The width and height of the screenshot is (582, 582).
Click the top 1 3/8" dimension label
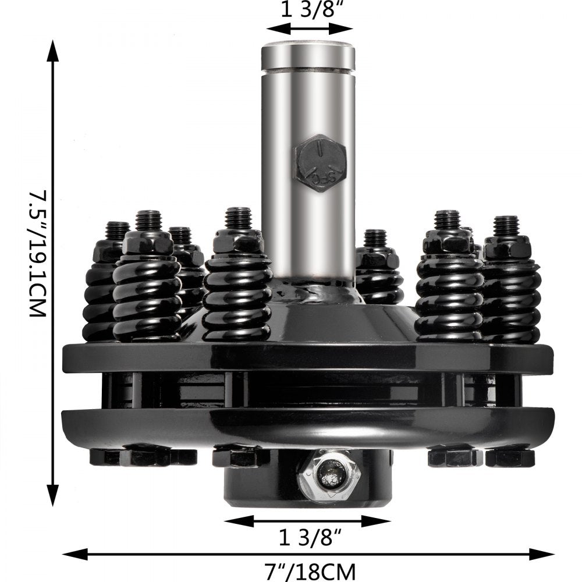(x=308, y=12)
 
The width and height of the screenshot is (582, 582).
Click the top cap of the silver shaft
(x=308, y=55)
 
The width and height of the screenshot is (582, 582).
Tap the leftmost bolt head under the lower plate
(x=105, y=457)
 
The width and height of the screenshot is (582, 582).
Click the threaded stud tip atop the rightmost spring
(x=506, y=225)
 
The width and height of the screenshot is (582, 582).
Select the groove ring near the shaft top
(x=308, y=72)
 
